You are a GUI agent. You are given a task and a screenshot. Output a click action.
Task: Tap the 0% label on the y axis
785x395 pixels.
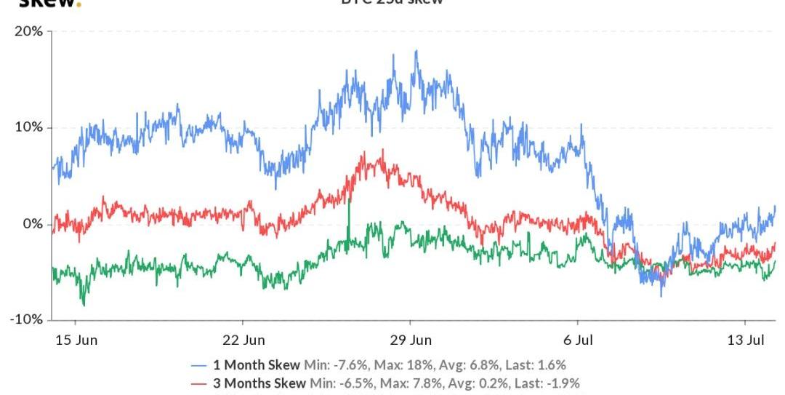33,223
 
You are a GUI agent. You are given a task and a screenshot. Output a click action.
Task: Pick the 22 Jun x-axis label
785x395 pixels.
243,340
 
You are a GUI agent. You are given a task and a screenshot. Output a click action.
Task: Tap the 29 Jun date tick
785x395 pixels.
410,340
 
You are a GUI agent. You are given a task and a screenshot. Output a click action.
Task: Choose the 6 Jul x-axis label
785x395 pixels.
578,340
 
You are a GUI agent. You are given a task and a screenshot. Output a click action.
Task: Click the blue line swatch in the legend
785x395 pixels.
199,365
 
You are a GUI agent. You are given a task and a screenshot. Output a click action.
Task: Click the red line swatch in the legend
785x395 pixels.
199,383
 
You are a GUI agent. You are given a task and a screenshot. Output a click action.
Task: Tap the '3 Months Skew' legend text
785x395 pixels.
259,383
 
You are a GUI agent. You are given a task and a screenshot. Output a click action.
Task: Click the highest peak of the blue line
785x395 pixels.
416,51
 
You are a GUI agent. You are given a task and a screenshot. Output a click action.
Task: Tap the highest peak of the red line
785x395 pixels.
382,150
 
